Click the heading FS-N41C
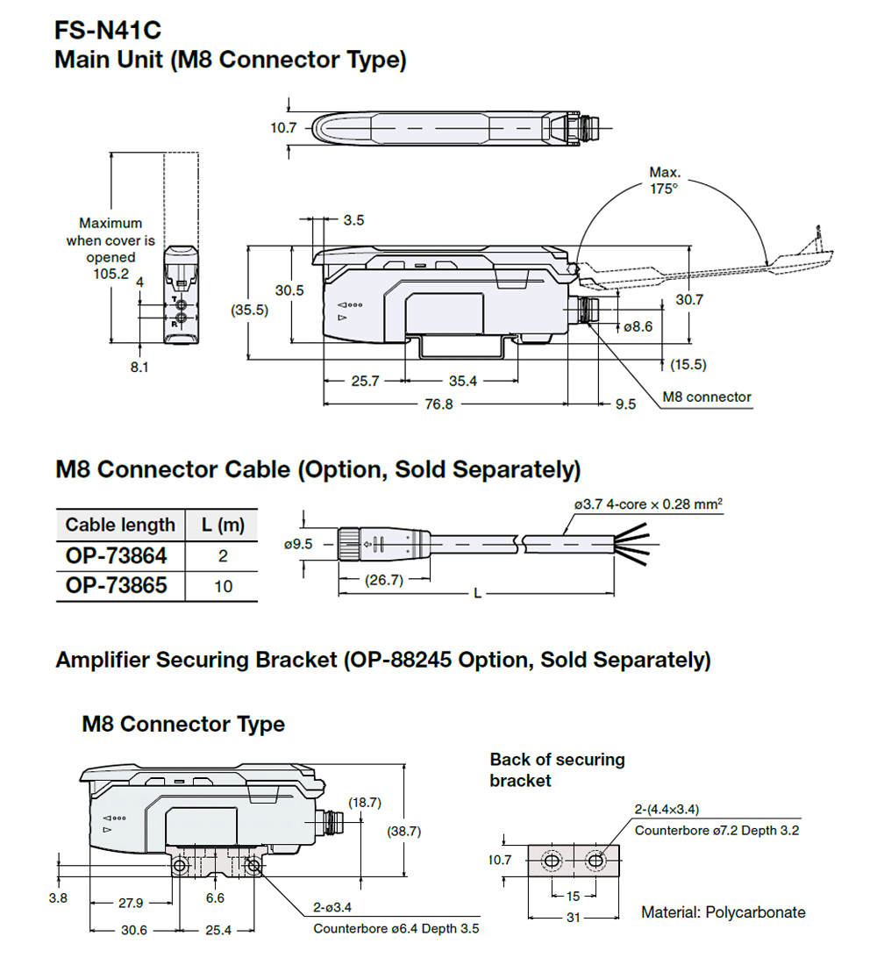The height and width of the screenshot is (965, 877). coord(107,32)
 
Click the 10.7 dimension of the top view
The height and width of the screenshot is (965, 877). coord(283,128)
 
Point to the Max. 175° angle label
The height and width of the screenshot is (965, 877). coord(664,181)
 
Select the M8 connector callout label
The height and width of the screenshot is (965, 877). coord(706,397)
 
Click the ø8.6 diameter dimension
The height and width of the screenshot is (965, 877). coord(638,326)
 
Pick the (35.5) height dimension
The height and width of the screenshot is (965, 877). coord(250,311)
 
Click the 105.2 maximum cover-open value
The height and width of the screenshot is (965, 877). coord(111,274)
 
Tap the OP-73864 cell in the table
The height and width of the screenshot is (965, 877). coord(116,555)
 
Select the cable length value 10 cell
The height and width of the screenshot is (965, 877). coord(223,586)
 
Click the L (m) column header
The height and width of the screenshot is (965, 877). coord(223,525)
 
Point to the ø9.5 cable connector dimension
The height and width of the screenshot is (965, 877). coord(298,544)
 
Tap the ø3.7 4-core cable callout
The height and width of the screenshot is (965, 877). coord(647,504)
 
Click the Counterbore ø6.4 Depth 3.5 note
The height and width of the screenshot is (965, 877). coord(396,928)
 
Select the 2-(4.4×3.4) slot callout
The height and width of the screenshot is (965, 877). coord(667,809)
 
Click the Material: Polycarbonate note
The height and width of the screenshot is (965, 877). coord(723,912)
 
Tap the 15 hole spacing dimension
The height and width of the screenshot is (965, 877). coord(572,896)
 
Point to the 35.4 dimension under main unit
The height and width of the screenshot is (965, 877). coord(463,382)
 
